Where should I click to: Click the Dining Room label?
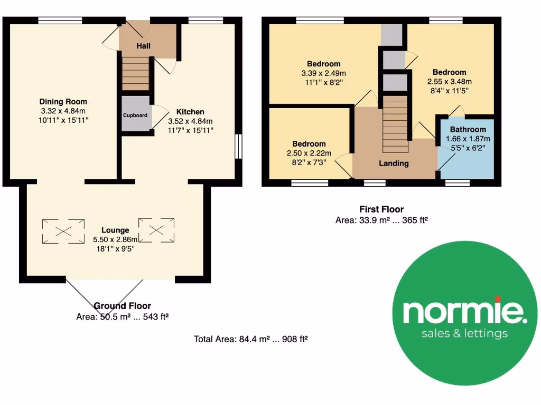click(x=63, y=102)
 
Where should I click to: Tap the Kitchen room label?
click(x=190, y=112)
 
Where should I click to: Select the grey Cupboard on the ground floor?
click(x=135, y=114)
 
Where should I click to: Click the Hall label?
click(x=143, y=46)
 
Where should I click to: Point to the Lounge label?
click(x=115, y=230)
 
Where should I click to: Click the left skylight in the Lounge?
click(x=63, y=230)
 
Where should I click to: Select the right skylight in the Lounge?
click(x=156, y=229)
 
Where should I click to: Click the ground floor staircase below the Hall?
click(x=136, y=73)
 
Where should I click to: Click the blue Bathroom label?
click(x=468, y=129)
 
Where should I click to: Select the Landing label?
click(x=394, y=163)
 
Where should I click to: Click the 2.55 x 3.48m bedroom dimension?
click(x=449, y=82)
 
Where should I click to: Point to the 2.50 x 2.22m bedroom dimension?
click(x=309, y=153)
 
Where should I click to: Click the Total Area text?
click(x=250, y=339)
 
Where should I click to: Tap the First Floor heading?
click(x=381, y=209)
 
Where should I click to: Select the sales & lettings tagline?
click(x=464, y=333)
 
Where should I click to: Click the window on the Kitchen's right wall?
click(x=238, y=146)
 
